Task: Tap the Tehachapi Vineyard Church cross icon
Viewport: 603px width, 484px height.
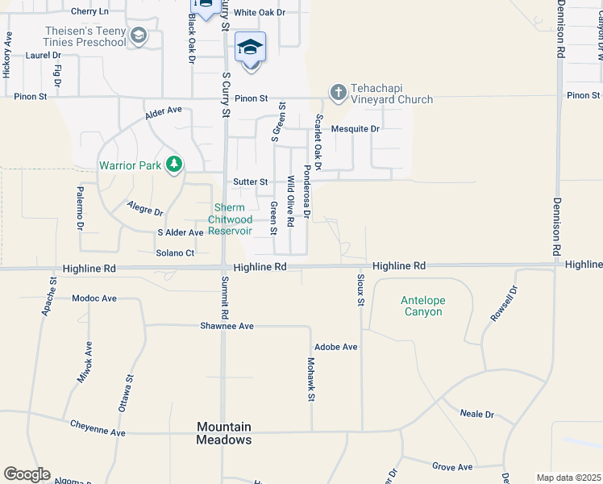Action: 338,93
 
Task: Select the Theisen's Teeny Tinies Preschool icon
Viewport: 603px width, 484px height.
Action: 139,35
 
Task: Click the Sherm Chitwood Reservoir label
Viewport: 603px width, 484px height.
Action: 231,219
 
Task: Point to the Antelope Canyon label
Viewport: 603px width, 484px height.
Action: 423,307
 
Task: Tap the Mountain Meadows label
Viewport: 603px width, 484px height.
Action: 224,433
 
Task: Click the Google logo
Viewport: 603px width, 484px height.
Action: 27,474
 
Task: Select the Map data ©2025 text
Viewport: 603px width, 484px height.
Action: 568,478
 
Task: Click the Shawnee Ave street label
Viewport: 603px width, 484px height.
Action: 227,326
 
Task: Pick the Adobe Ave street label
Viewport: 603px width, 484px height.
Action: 336,347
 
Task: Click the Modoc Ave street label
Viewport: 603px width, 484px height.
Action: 94,298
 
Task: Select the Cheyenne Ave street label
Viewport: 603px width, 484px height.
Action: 98,428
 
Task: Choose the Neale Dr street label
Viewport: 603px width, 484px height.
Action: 476,414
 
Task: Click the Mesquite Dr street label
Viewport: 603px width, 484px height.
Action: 355,129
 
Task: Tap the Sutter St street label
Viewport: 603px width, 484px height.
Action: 250,182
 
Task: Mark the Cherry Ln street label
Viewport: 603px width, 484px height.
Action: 89,11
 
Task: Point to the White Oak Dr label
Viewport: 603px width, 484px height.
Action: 260,13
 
